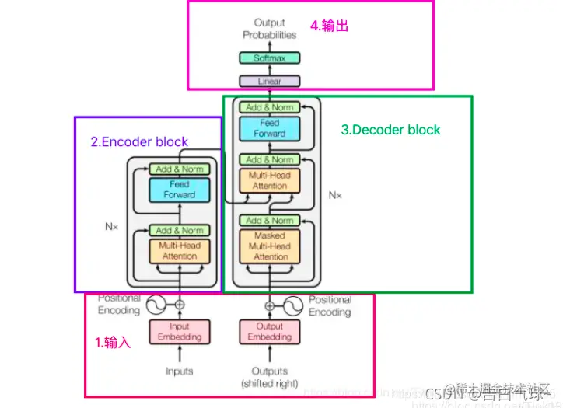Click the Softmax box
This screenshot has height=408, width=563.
click(x=269, y=58)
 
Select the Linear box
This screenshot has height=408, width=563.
click(x=269, y=81)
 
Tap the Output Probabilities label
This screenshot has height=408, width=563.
click(x=269, y=29)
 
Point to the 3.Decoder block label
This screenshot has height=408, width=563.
click(x=390, y=130)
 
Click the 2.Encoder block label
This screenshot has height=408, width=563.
click(x=139, y=141)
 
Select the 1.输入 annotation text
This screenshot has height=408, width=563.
click(x=113, y=342)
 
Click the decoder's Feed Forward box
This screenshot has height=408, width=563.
click(x=269, y=128)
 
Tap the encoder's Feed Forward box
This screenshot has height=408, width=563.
click(x=179, y=190)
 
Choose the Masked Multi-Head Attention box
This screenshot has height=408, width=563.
click(x=269, y=246)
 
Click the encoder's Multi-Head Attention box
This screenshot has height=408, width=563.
click(x=179, y=250)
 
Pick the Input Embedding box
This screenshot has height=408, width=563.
click(x=179, y=332)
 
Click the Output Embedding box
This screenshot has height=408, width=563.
click(x=269, y=332)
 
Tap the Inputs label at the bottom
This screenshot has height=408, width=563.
click(x=179, y=371)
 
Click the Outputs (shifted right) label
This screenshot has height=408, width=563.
click(x=269, y=377)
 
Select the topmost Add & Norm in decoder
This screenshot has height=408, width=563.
click(x=269, y=107)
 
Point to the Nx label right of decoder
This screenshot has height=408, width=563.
click(x=334, y=195)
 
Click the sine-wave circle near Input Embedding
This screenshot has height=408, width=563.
click(x=155, y=305)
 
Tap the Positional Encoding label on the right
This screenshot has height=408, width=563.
click(x=330, y=305)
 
